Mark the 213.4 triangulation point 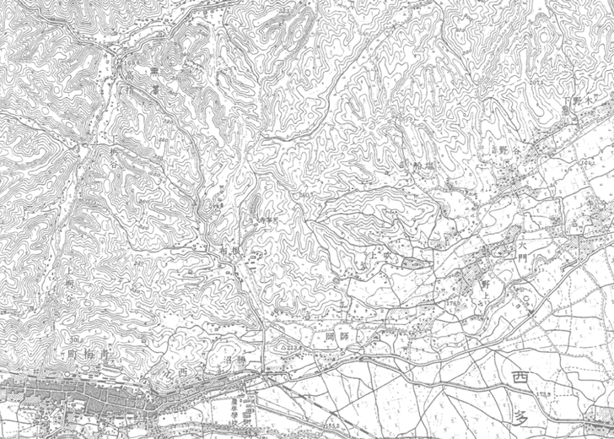point(293,346)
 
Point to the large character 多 point(522,415)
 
